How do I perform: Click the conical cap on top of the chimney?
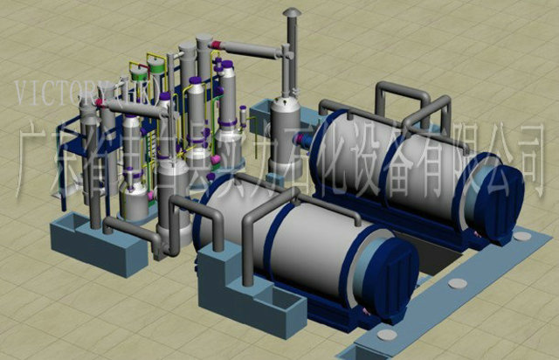tap(292, 12)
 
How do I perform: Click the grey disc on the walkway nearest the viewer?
tap(385, 335)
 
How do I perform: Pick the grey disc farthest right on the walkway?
tap(521, 236)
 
